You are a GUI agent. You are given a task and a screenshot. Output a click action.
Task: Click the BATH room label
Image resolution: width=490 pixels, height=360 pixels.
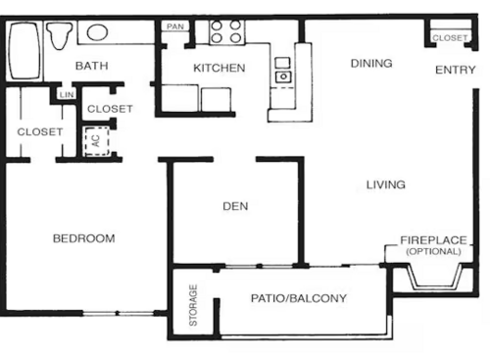pyautogui.click(x=91, y=67)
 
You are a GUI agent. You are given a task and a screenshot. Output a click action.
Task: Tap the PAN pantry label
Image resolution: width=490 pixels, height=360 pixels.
pyautogui.click(x=176, y=26)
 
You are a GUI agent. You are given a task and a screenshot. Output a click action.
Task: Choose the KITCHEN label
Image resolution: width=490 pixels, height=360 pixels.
pyautogui.click(x=219, y=68)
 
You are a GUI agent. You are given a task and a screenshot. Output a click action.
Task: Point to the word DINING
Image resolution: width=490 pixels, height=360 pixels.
pyautogui.click(x=371, y=64)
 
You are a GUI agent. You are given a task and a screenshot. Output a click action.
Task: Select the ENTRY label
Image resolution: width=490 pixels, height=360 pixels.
pyautogui.click(x=455, y=69)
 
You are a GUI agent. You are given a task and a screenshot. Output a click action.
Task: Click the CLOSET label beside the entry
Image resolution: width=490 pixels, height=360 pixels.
pyautogui.click(x=450, y=37)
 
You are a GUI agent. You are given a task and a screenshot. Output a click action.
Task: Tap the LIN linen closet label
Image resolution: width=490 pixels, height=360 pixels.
pyautogui.click(x=67, y=94)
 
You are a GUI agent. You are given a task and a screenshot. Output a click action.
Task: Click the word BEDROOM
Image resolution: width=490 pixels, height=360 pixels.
pyautogui.click(x=83, y=238)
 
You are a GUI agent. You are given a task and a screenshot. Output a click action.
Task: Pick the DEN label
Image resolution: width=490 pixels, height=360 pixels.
pyautogui.click(x=234, y=206)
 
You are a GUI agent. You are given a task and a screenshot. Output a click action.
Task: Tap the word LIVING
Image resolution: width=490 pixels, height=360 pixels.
pyautogui.click(x=386, y=184)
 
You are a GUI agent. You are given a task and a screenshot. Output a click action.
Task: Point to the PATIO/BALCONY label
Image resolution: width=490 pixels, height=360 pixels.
pyautogui.click(x=299, y=298)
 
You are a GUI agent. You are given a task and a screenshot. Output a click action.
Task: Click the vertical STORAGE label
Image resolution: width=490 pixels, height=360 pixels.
pyautogui.click(x=193, y=304)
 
